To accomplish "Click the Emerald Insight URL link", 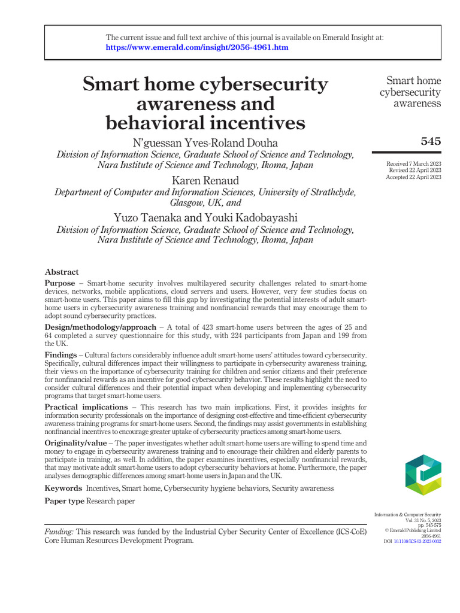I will pos(197,47).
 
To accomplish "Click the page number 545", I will pos(431,141).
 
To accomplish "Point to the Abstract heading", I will pos(62,272).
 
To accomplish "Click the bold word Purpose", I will pos(60,283).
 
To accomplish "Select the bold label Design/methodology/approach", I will pos(100,327).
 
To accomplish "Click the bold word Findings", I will pos(60,355).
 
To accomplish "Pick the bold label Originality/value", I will pos(75,443).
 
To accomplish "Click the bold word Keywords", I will pos(63,488).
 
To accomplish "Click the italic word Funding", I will pos(59,532).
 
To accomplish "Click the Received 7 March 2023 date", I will pos(414,163).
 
